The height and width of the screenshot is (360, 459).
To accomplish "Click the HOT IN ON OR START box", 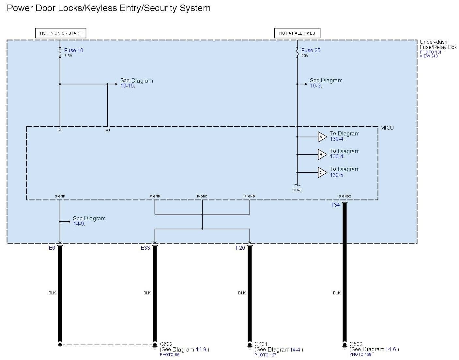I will pos(60,33).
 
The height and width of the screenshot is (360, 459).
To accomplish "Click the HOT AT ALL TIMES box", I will pos(297,33).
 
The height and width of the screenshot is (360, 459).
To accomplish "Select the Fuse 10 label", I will pos(73,50).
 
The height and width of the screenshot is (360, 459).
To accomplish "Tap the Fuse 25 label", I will pos(311,50).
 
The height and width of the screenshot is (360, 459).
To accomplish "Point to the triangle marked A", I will pos(322,137).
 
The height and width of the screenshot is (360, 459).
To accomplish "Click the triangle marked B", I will pos(322,155).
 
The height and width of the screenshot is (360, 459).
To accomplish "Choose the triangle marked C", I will pos(322,173).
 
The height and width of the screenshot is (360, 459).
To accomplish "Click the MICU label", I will pos(387,128).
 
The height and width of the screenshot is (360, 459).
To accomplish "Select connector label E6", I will pos(52,248).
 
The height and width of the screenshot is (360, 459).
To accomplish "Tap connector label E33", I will pos(145,248).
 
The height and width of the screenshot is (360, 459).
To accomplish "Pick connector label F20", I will pos(240,248).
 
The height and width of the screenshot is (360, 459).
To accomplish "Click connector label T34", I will pos(335,205).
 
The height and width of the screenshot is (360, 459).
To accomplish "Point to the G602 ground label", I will pos(166,344).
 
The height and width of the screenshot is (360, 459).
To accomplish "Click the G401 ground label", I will pos(261,344).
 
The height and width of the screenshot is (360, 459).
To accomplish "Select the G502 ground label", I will pos(356,344).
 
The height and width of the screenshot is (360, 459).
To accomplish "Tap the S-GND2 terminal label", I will pos(344,196).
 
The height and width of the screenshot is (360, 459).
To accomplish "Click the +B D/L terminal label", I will pos(297,190).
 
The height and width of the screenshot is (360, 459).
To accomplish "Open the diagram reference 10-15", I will pos(128,86).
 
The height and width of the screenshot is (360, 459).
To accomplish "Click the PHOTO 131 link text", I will pos(430,52).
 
